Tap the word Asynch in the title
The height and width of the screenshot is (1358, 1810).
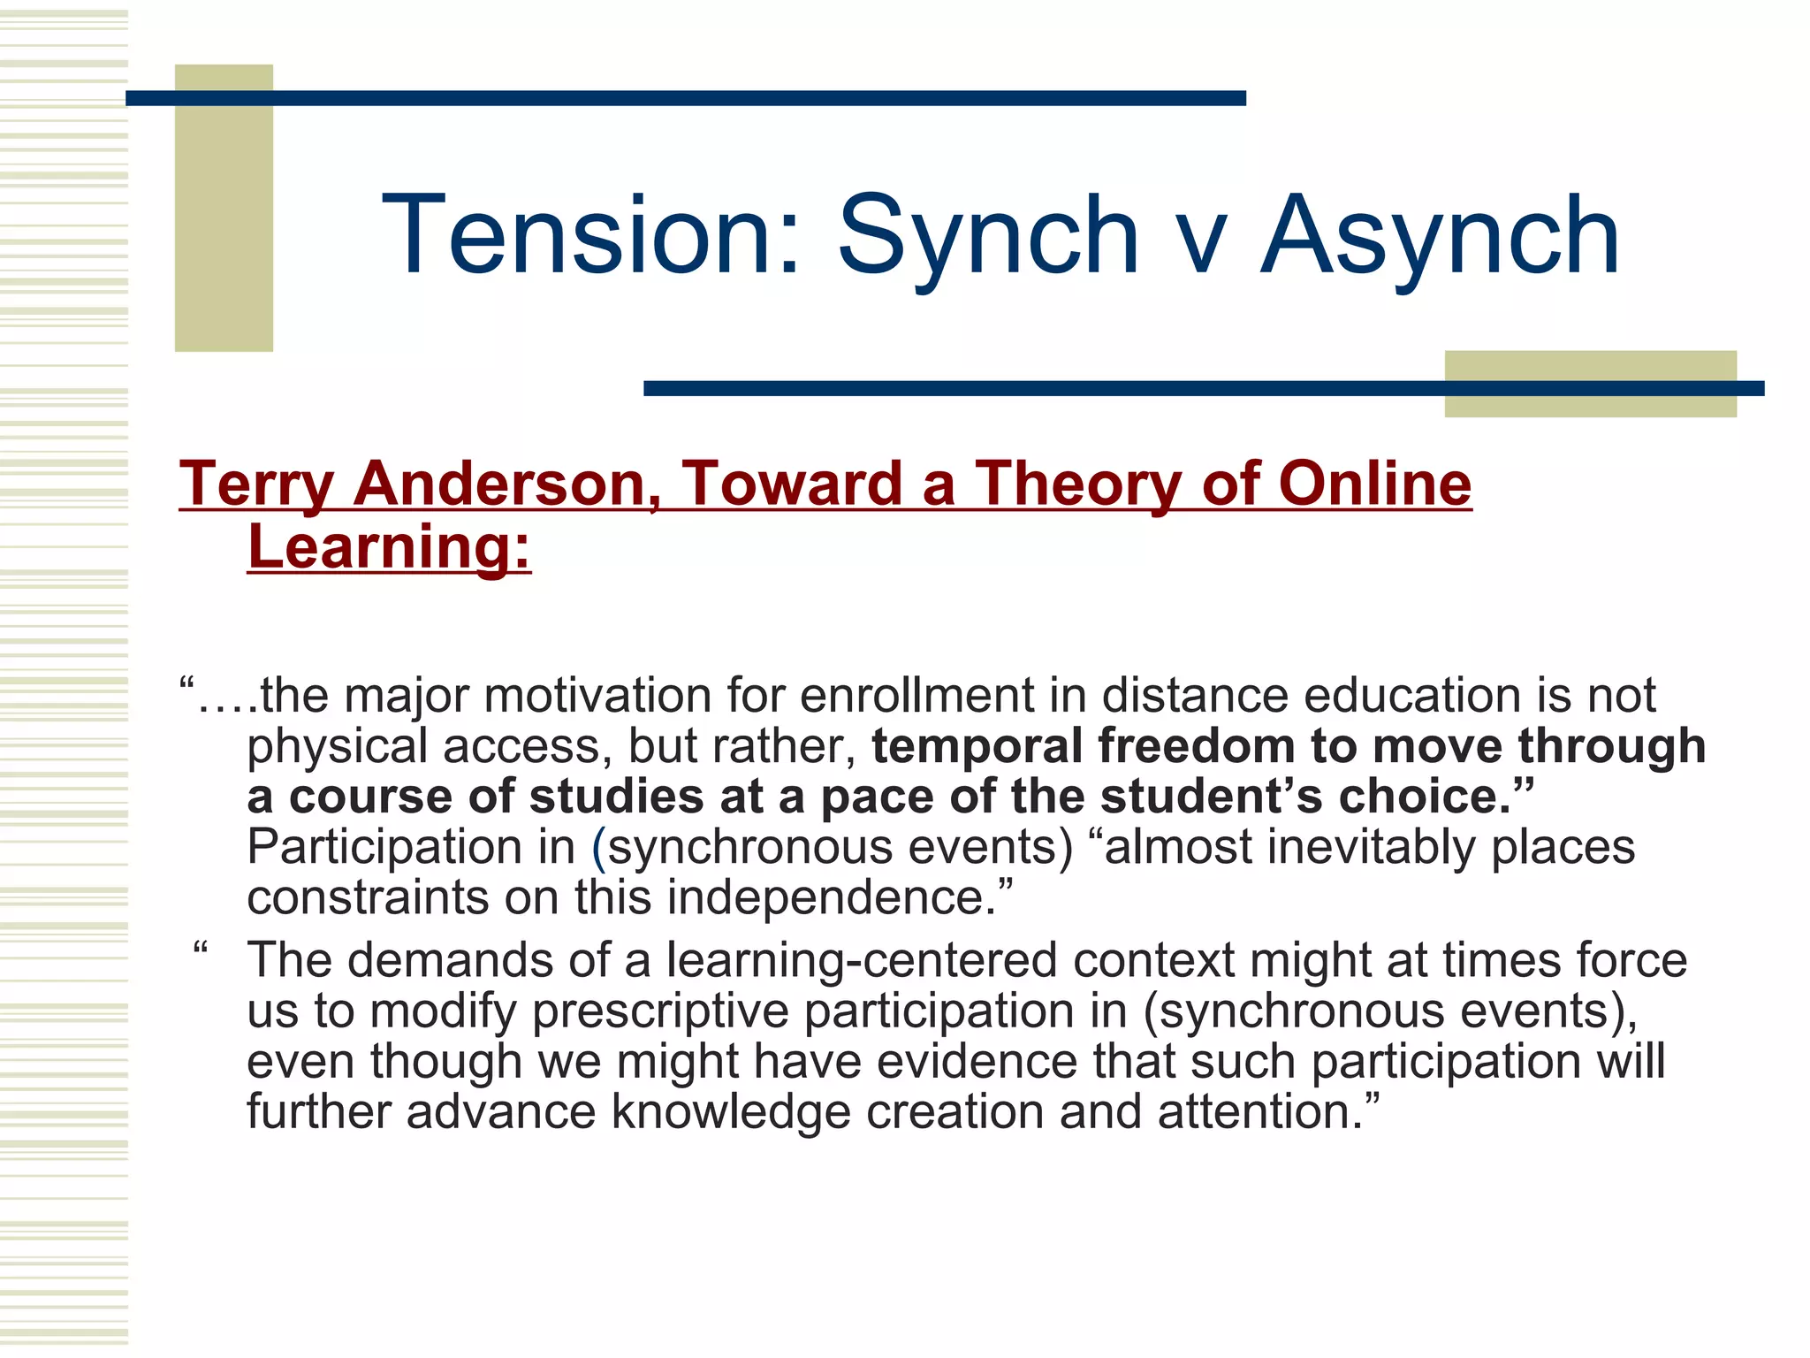click(x=1441, y=236)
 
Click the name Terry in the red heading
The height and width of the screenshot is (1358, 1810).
click(x=256, y=484)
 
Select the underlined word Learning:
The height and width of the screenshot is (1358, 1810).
click(x=389, y=547)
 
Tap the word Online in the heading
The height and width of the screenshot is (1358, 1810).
click(x=1374, y=484)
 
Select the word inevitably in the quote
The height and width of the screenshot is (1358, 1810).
click(x=1371, y=847)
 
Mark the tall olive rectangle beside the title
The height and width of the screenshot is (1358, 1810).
click(x=224, y=208)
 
